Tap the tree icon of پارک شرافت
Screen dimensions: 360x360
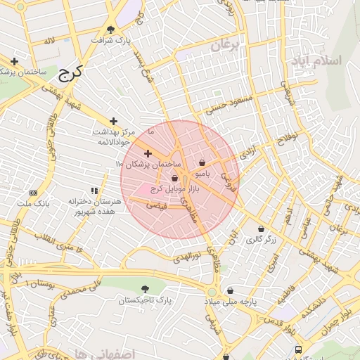point(111,29)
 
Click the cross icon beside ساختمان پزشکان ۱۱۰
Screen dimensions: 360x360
point(148,153)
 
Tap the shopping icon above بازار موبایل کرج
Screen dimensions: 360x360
point(174,179)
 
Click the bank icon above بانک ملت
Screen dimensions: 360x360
point(33,193)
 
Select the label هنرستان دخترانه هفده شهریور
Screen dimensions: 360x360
point(94,206)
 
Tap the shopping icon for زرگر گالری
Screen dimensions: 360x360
point(261,229)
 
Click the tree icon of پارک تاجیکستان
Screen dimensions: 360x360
point(145,289)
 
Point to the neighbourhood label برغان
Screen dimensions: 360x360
point(226,46)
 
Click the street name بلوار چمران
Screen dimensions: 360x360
point(336,319)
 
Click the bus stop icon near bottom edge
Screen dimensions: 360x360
point(299,349)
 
